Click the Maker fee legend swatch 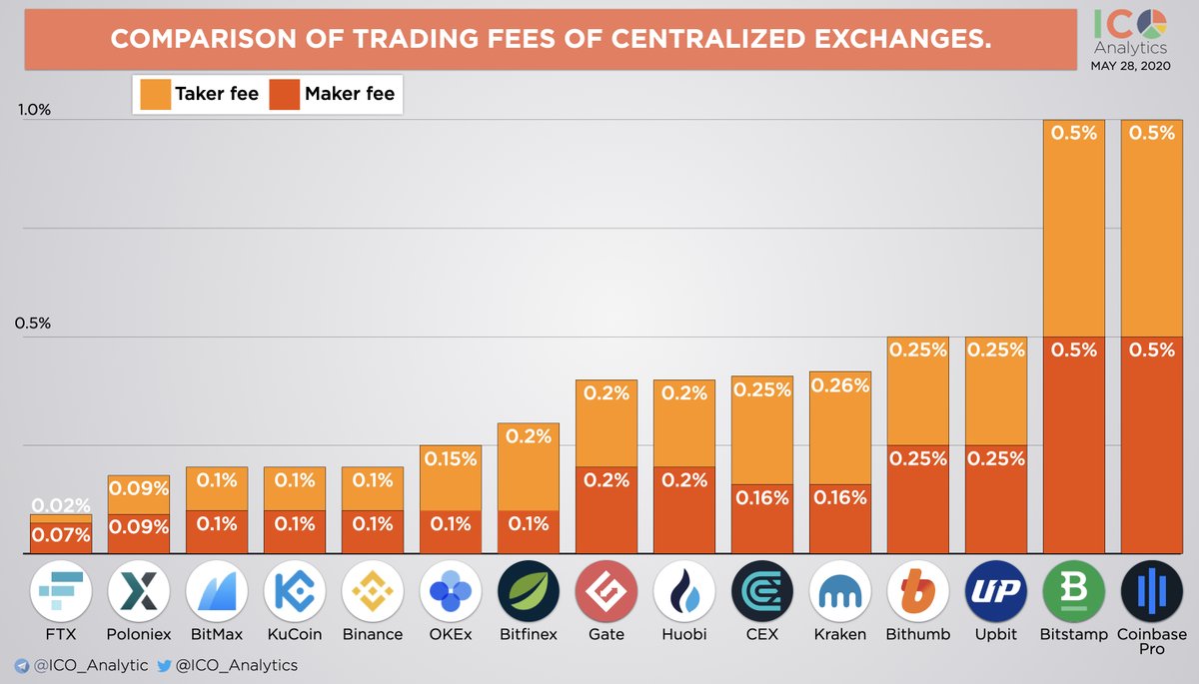coord(284,95)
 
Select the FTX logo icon coord(61,592)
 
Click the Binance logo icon coord(373,592)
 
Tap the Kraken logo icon coord(840,592)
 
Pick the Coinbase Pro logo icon coord(1152,592)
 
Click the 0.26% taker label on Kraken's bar coord(840,384)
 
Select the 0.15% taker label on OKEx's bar coord(451,459)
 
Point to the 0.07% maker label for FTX coord(61,535)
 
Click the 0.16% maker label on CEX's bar coord(762,497)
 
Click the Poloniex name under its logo coord(139,634)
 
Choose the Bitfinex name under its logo coord(529,634)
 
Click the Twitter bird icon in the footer coord(163,665)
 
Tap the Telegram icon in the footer coord(21,665)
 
